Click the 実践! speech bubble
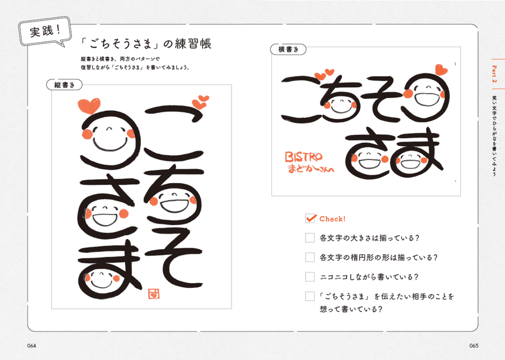(x=45, y=31)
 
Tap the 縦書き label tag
(x=64, y=85)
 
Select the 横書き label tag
(x=288, y=49)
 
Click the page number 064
(x=32, y=346)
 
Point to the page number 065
(x=474, y=346)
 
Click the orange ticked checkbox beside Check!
(x=311, y=218)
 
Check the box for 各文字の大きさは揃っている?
(x=310, y=238)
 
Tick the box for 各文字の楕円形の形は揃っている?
(x=310, y=257)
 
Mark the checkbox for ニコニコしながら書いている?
(x=310, y=277)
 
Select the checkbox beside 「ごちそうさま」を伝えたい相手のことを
(x=310, y=296)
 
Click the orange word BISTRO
(x=304, y=157)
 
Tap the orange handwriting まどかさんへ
(x=311, y=168)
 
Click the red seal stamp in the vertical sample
(x=154, y=294)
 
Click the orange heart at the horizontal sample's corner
(x=441, y=69)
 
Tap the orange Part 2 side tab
(x=495, y=74)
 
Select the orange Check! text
(x=333, y=219)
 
